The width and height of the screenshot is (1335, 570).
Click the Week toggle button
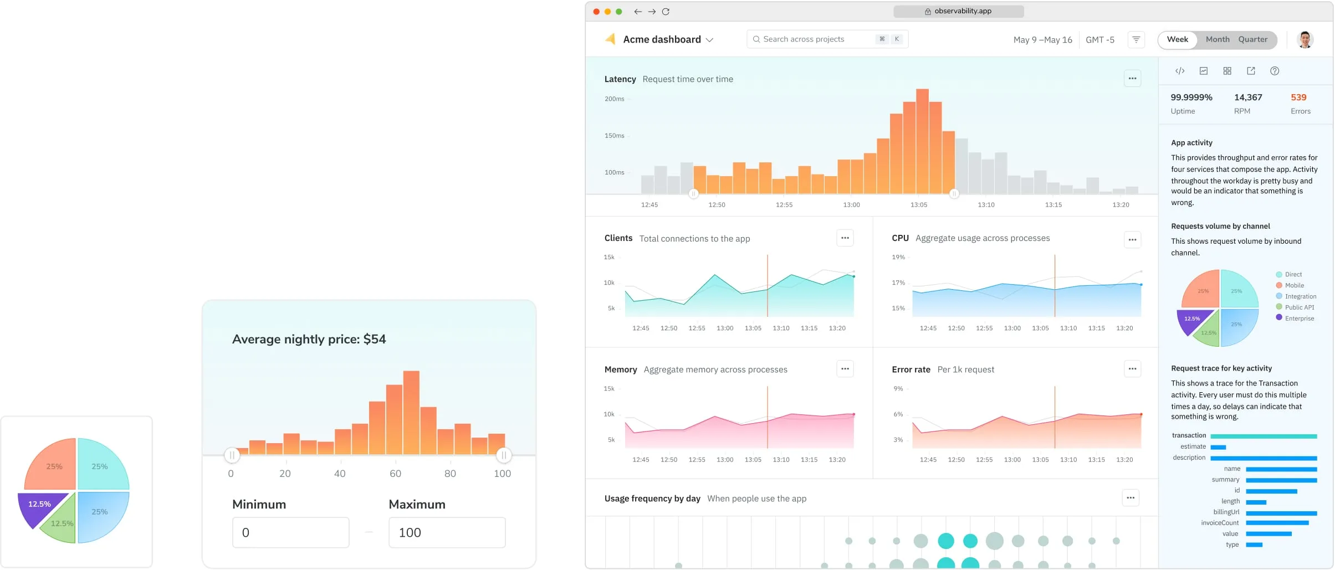click(1177, 39)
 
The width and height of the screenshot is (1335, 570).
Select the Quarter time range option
click(1252, 39)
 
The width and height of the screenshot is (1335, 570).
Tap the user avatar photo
click(1305, 40)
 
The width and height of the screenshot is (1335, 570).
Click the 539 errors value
click(1298, 97)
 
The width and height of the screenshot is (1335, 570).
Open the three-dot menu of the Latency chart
click(1132, 79)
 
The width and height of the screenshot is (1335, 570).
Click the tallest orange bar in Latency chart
click(922, 141)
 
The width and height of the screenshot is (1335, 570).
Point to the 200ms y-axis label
click(614, 99)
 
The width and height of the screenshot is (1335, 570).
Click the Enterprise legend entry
click(1299, 319)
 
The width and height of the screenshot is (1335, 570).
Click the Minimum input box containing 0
click(290, 532)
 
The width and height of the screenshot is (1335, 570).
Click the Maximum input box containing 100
click(447, 532)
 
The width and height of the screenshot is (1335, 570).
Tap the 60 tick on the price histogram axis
click(395, 474)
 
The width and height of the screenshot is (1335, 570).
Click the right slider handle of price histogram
click(503, 455)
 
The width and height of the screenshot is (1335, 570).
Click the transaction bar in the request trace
click(1263, 437)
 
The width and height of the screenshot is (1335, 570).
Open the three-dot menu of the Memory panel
click(845, 369)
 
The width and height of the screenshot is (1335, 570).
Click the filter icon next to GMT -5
click(1136, 40)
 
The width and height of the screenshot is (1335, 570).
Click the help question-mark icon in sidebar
click(1275, 71)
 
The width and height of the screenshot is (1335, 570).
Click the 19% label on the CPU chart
click(898, 257)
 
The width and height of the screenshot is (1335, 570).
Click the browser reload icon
click(666, 12)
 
